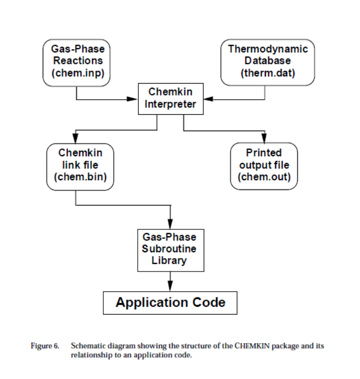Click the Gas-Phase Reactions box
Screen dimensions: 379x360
click(77, 62)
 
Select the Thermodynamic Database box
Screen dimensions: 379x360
click(268, 62)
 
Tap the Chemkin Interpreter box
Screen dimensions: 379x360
click(170, 99)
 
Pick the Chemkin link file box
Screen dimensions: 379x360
click(80, 165)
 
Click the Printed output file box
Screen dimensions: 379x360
click(264, 165)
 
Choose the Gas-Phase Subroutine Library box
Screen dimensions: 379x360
click(170, 249)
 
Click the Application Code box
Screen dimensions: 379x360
click(170, 302)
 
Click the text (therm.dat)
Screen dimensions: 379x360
click(268, 73)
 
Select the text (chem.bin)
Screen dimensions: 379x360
click(80, 177)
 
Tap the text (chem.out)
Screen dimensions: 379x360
click(264, 177)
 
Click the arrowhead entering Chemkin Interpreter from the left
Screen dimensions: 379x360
click(133, 99)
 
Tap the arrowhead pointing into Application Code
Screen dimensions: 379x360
click(170, 287)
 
